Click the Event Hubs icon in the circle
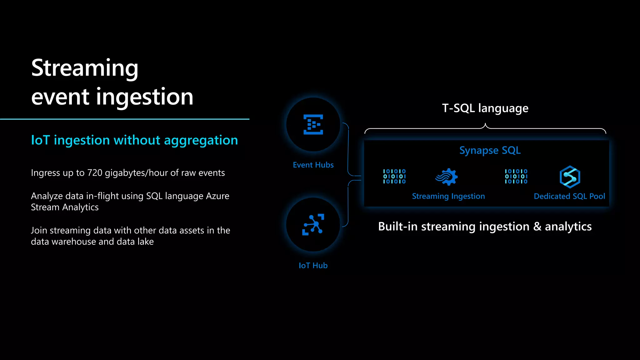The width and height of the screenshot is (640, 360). click(313, 124)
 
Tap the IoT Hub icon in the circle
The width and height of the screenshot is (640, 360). click(313, 224)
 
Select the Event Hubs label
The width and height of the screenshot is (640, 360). click(313, 165)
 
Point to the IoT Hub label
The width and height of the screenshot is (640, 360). click(313, 266)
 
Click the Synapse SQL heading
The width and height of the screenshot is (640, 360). click(490, 150)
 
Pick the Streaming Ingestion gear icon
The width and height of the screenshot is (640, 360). click(447, 177)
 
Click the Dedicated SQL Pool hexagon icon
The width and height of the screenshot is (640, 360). click(570, 177)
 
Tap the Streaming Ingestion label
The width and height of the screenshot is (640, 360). click(448, 196)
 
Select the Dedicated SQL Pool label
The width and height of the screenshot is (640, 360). click(569, 196)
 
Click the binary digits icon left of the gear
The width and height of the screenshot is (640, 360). click(394, 176)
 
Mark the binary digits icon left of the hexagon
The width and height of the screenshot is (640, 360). click(516, 176)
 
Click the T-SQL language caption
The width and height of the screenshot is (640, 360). click(485, 108)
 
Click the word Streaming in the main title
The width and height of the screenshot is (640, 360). click(85, 68)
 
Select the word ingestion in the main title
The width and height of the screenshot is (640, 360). click(144, 97)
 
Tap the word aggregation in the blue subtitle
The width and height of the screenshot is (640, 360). click(201, 140)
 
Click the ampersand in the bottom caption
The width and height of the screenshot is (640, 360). click(537, 227)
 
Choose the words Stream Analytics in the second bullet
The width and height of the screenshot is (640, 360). click(65, 207)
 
